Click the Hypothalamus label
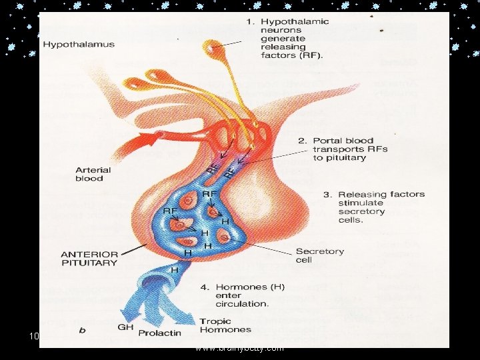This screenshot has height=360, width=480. pyautogui.click(x=79, y=45)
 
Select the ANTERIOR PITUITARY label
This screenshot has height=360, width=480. pyautogui.click(x=89, y=258)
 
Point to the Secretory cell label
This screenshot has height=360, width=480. pyautogui.click(x=320, y=255)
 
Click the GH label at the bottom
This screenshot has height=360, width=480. pyautogui.click(x=125, y=327)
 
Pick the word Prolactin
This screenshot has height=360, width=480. pyautogui.click(x=159, y=333)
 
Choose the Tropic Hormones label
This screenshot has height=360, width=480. pyautogui.click(x=225, y=325)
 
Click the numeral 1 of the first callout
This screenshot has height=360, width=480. pyautogui.click(x=250, y=21)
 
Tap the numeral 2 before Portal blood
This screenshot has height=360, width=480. pyautogui.click(x=302, y=141)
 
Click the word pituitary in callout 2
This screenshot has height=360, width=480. pyautogui.click(x=349, y=158)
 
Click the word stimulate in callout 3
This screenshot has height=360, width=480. pyautogui.click(x=361, y=203)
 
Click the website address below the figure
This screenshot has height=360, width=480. pyautogui.click(x=239, y=348)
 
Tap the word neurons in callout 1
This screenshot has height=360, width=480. pyautogui.click(x=283, y=30)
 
